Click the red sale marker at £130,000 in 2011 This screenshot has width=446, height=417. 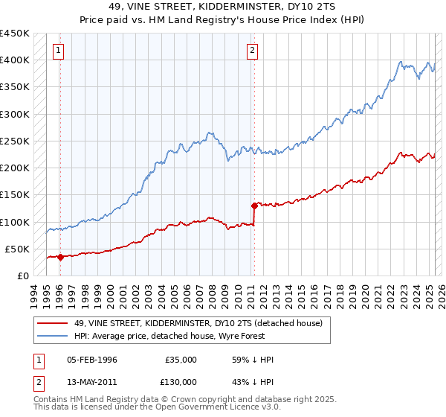pos(254,205)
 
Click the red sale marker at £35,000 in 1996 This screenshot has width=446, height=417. pos(60,257)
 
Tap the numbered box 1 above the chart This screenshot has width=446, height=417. pos(58,51)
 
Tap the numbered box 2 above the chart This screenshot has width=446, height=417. pos(253,51)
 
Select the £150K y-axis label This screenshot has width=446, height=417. pos(15,195)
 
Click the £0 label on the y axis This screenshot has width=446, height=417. pos(23,276)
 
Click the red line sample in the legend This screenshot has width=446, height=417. pos(52,324)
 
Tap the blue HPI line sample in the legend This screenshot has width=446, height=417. pos(52,336)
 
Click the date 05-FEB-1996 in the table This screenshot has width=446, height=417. pos(92,360)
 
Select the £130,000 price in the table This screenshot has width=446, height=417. pos(181,381)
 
